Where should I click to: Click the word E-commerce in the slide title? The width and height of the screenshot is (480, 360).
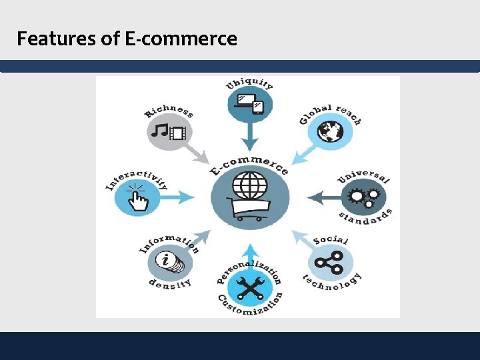click(181, 39)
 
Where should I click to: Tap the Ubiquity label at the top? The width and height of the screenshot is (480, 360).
click(249, 83)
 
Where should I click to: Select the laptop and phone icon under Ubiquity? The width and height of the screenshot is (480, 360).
click(250, 105)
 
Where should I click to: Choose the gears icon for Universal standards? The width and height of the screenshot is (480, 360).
click(363, 197)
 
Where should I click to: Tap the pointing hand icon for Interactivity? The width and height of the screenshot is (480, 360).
click(137, 197)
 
